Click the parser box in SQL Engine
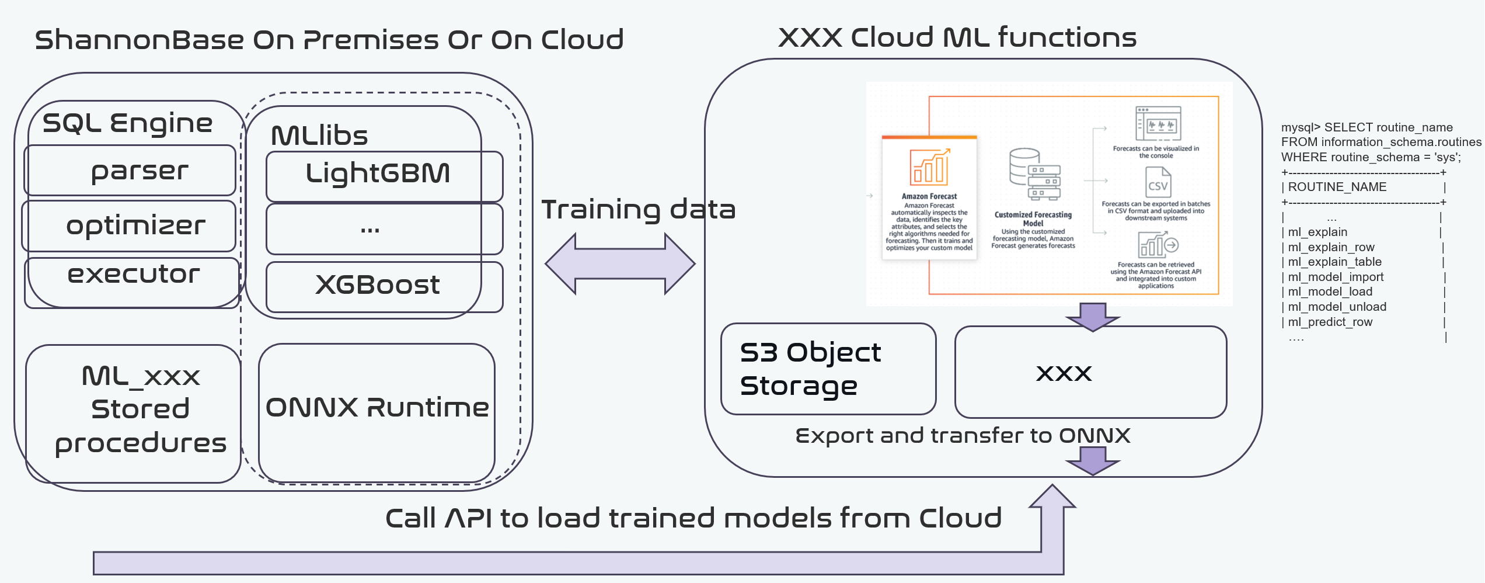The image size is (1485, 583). click(130, 171)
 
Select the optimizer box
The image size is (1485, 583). click(130, 226)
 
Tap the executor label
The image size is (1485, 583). click(133, 275)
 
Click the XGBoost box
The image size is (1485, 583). click(384, 286)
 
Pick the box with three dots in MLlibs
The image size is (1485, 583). click(384, 229)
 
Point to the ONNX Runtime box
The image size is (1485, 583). click(377, 412)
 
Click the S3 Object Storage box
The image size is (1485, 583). click(828, 369)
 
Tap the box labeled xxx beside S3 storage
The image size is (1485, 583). click(1090, 372)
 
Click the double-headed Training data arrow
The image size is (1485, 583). click(620, 263)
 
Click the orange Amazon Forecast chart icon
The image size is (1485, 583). click(929, 167)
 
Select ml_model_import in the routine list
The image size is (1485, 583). click(1336, 277)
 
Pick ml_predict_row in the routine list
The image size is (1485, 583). click(1330, 322)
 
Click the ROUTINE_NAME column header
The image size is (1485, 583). click(1337, 187)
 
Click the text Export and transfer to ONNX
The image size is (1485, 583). click(962, 436)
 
